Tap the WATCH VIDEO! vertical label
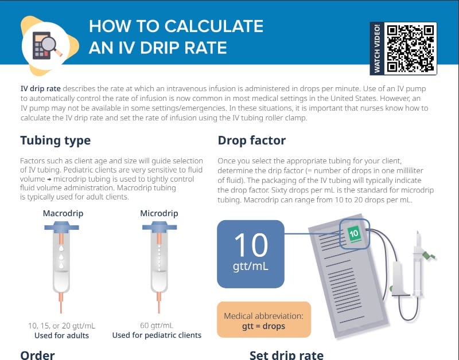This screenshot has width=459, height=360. (x=377, y=49)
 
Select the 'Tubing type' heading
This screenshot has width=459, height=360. (x=55, y=140)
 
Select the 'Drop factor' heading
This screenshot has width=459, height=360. (x=251, y=140)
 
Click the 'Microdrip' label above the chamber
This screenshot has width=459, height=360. (x=159, y=213)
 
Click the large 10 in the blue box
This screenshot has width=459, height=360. (x=251, y=245)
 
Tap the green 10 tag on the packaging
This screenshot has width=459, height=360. (x=354, y=234)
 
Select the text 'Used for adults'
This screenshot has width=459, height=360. (x=62, y=335)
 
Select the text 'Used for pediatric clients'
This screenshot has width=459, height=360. (x=157, y=335)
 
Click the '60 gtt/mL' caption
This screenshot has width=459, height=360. (x=157, y=325)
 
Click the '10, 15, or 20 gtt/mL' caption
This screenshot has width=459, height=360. (x=61, y=325)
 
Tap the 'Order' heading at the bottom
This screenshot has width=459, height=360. (x=37, y=354)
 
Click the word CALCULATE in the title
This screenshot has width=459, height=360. (x=214, y=26)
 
